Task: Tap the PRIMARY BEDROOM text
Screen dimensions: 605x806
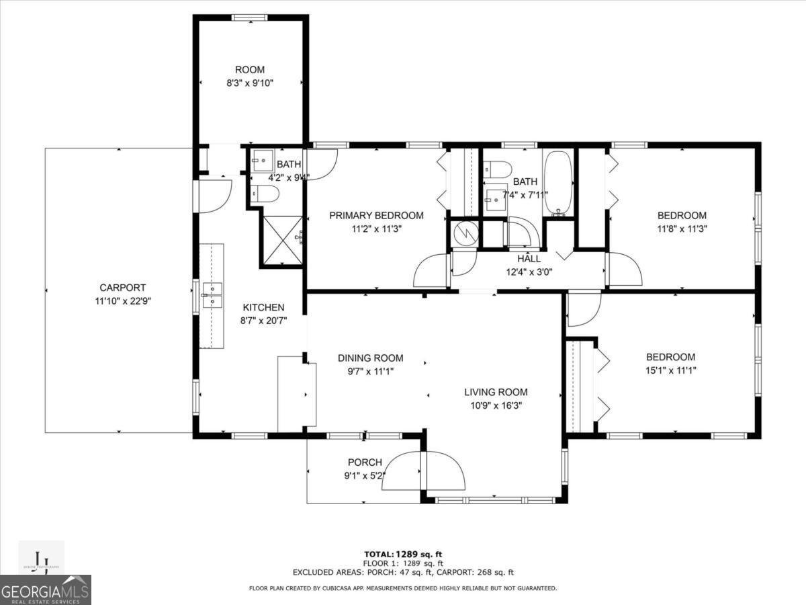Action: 376,216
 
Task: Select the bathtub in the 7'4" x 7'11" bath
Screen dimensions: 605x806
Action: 557,182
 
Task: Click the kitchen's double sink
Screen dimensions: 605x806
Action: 212,295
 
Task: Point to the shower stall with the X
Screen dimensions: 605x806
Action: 281,240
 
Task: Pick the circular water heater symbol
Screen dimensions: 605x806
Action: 465,233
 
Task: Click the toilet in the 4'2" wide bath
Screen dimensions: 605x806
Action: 265,194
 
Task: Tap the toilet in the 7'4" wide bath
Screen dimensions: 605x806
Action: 498,169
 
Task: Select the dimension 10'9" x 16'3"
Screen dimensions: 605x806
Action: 496,405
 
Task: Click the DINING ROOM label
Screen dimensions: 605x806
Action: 370,358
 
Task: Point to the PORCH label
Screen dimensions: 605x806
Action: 365,462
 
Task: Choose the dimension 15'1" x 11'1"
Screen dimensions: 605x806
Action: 670,370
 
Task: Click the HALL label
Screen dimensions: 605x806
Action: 529,259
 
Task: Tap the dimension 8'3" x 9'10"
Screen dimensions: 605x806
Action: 249,83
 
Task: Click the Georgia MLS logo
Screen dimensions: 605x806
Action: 46,590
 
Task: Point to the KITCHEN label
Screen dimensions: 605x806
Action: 263,308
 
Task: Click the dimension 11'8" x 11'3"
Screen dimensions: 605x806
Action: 681,229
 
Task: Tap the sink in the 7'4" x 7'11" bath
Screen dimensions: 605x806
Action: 496,197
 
